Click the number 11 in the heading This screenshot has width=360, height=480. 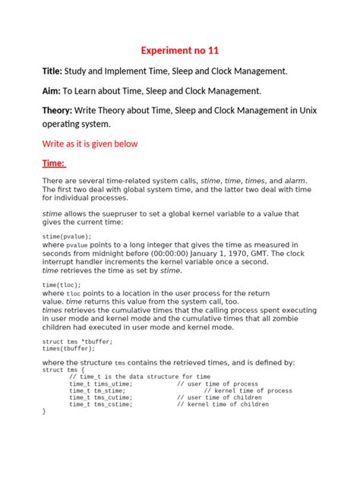point(213,51)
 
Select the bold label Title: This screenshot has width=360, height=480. point(51,71)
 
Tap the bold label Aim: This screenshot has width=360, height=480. point(50,91)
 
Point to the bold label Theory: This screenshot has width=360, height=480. point(58,111)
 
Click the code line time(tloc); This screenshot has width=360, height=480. point(62,285)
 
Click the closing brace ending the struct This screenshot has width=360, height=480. point(44,412)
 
